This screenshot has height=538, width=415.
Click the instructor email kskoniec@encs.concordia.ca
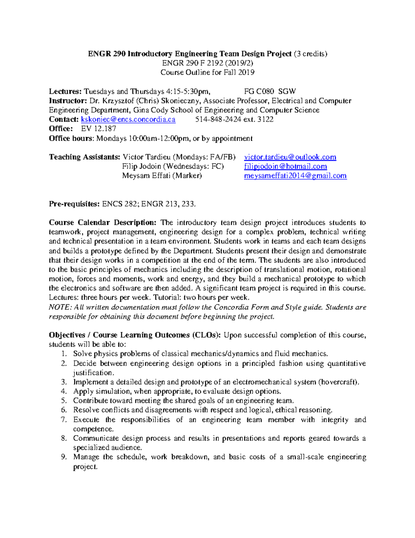tap(128, 120)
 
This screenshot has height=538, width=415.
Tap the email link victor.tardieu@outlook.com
tap(290, 157)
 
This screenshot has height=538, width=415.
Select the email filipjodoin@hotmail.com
tap(285, 166)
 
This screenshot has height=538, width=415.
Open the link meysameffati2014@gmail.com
tap(295, 176)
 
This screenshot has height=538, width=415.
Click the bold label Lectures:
tap(65, 91)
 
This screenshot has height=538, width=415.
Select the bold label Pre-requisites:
tap(74, 204)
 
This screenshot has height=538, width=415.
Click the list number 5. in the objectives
tap(63, 401)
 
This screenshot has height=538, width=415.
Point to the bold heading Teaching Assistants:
tap(84, 157)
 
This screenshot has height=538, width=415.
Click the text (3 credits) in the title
tap(310, 54)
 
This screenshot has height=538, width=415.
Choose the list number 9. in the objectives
tap(63, 457)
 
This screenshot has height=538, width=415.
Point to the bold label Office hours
tap(71, 139)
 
